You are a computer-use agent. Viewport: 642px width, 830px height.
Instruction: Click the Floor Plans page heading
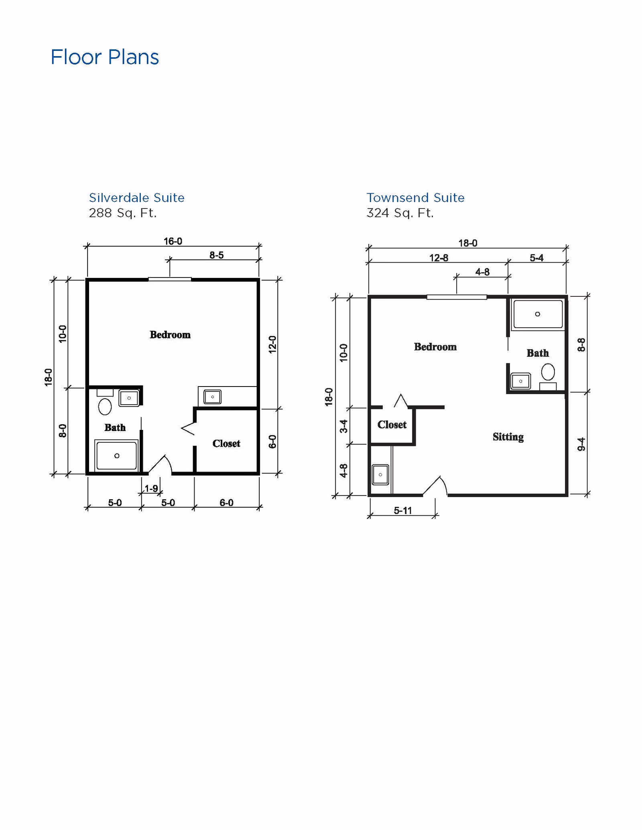105,57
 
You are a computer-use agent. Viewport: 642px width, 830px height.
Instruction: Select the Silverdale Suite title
136,198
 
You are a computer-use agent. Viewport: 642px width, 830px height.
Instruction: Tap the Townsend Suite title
415,198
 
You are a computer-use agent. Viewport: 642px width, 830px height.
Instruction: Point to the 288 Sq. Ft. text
122,213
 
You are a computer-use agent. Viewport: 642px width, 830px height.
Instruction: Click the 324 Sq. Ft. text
400,213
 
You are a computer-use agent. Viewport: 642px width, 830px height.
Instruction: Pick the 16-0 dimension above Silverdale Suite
173,241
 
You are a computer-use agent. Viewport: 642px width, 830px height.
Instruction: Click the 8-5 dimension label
216,255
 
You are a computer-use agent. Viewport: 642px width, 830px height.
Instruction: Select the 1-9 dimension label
151,488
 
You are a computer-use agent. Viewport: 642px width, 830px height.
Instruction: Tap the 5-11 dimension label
402,510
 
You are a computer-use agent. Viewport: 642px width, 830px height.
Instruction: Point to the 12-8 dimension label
439,258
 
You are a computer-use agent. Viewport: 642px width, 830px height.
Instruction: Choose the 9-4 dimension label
581,444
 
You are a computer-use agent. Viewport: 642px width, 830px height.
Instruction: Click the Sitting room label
508,437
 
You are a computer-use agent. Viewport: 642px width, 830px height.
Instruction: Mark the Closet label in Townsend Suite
392,425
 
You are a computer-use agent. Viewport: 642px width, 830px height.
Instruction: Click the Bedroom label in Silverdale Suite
170,335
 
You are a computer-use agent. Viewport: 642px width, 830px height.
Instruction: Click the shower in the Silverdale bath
116,455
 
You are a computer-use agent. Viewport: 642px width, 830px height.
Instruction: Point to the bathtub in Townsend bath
538,314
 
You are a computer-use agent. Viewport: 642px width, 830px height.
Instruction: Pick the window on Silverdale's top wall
170,279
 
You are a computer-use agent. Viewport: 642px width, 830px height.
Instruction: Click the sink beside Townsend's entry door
380,475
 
